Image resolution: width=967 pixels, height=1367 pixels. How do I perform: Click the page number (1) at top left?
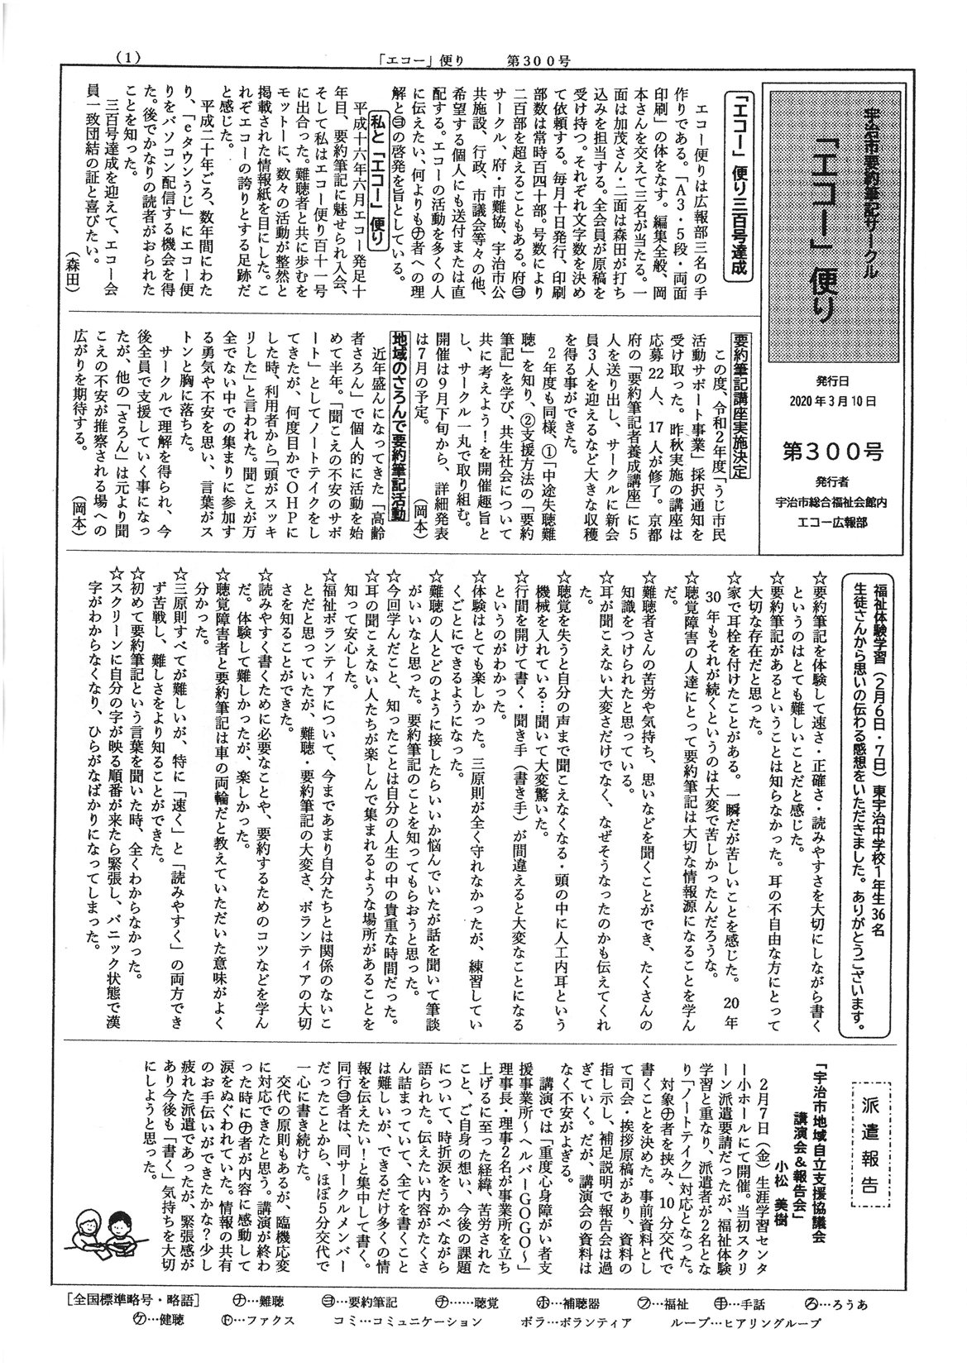[131, 57]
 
